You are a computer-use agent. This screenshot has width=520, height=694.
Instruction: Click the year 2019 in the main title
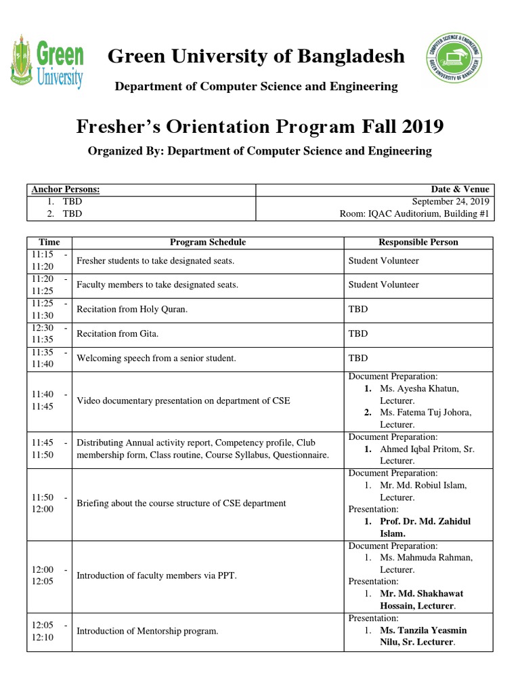click(420, 127)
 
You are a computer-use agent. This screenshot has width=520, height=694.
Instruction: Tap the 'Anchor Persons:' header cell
click(66, 190)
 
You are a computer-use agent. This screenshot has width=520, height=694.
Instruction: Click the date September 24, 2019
click(451, 202)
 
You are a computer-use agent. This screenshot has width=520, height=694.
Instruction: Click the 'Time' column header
click(49, 242)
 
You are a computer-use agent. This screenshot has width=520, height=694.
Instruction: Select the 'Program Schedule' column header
click(208, 242)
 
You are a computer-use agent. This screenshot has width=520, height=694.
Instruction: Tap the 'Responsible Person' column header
click(418, 242)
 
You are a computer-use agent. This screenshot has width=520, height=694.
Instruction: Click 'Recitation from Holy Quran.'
click(132, 309)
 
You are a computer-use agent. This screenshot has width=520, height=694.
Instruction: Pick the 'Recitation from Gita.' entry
click(118, 333)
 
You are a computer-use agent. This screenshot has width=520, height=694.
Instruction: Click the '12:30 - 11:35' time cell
click(49, 333)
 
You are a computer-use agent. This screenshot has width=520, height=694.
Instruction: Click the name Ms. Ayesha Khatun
click(419, 388)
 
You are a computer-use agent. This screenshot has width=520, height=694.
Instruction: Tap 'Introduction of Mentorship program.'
click(148, 631)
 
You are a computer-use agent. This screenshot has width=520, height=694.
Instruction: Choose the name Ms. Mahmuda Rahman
click(426, 557)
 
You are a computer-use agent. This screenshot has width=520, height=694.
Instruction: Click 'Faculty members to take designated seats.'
click(157, 285)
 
